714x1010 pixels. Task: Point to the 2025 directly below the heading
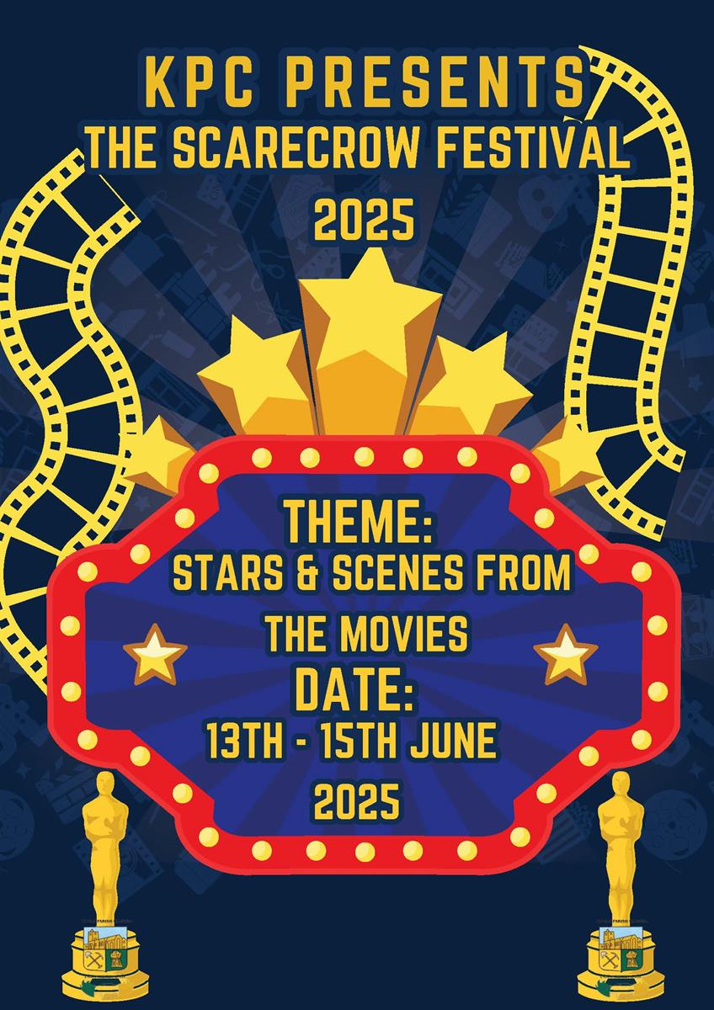[x=364, y=220]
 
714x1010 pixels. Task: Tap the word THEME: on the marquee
[x=358, y=523]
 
